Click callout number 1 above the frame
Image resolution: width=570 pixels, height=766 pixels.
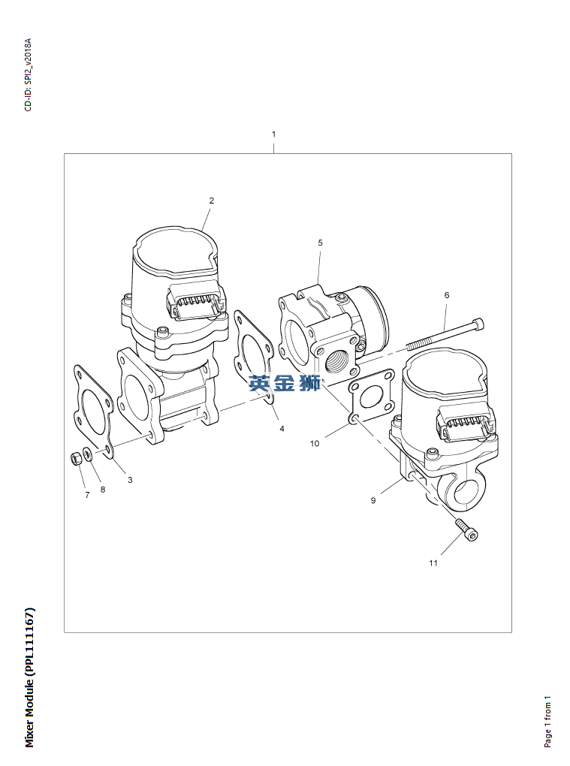pos(273,134)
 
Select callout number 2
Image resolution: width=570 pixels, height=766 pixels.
pos(212,201)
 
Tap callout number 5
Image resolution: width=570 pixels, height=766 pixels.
pos(320,243)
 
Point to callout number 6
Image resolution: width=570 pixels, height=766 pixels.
pos(446,295)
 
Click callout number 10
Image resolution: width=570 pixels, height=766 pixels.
pos(315,443)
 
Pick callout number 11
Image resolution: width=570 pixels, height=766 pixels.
pos(433,562)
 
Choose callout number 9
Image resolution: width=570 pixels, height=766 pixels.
pos(373,500)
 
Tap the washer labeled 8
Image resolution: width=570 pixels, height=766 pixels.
pos(87,454)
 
